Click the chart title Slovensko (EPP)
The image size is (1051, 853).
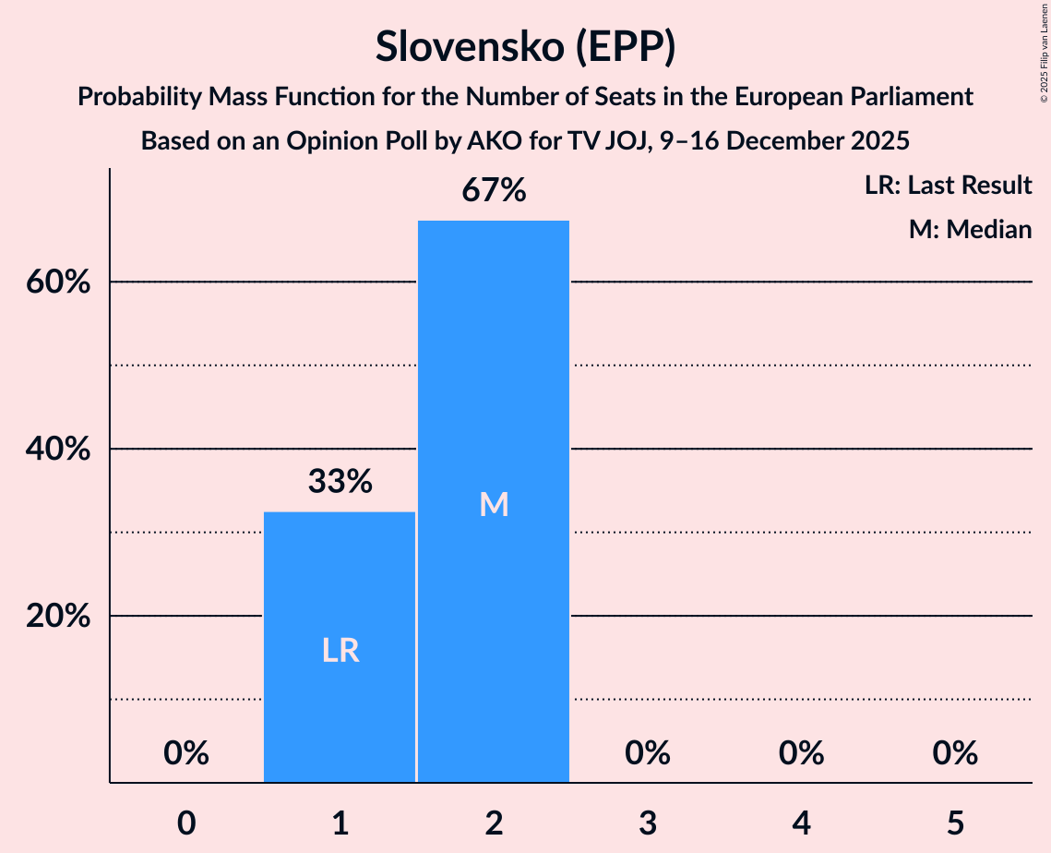coord(525,46)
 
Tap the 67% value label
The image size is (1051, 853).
coord(494,191)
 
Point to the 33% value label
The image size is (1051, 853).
coord(340,481)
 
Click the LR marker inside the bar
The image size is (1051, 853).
coord(340,651)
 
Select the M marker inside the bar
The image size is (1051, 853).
coord(494,504)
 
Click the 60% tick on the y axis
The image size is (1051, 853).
coord(58,282)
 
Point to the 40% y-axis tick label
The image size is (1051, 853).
coord(58,449)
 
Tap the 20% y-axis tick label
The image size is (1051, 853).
coord(58,616)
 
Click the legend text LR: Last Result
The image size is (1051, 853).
coord(948,186)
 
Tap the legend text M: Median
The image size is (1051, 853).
coord(970,229)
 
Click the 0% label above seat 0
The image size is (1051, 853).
coord(186,754)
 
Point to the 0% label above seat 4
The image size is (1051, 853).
coord(801,754)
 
